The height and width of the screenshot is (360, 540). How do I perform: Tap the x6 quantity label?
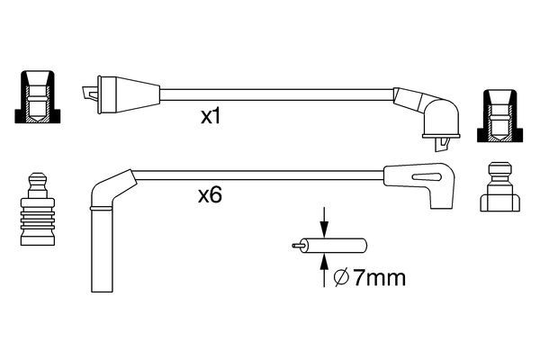click(x=210, y=194)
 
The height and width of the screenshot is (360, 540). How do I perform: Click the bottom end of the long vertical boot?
click(x=102, y=286)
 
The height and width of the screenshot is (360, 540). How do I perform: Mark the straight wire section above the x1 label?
click(x=270, y=91)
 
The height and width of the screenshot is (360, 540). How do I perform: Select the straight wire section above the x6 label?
click(x=261, y=172)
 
